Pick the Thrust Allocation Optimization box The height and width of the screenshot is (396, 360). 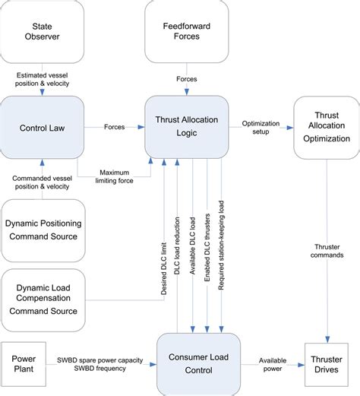point(322,126)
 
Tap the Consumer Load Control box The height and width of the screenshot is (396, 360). point(203,363)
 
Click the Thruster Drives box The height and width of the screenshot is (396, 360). point(329,363)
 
